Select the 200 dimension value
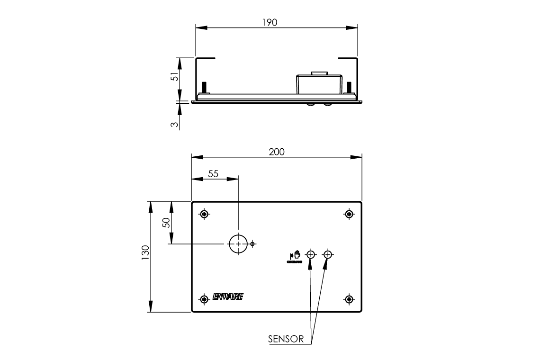click(276, 152)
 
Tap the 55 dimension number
click(213, 174)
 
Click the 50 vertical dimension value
click(166, 223)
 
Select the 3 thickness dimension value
click(174, 124)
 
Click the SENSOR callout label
click(286, 339)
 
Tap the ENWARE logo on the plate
click(228, 297)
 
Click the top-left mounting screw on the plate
click(204, 214)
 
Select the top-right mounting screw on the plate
click(349, 214)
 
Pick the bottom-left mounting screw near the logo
click(204, 299)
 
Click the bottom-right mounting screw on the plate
click(349, 299)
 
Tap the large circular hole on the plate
click(238, 244)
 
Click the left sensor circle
click(311, 255)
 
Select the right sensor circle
click(327, 255)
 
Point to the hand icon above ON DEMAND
click(297, 254)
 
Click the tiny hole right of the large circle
click(253, 244)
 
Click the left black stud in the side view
click(204, 88)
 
